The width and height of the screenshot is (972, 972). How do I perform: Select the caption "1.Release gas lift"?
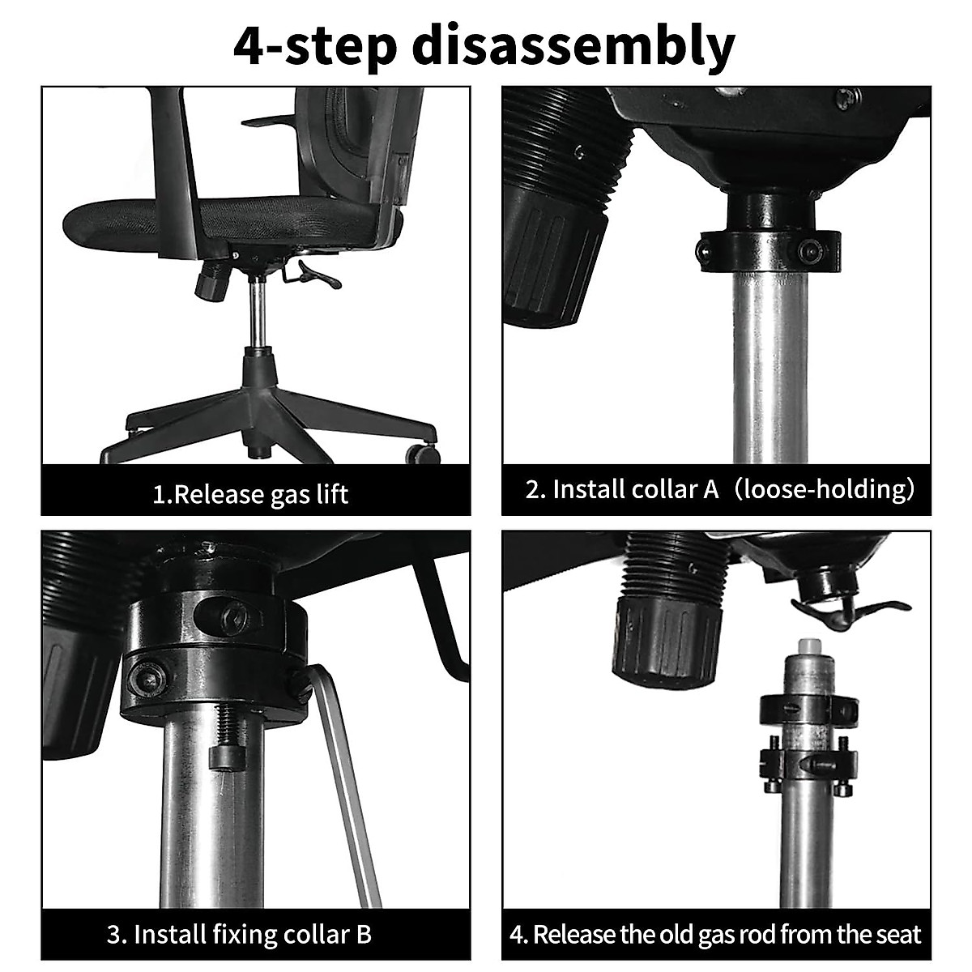coord(251,493)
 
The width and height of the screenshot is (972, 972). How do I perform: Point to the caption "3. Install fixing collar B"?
coord(240,935)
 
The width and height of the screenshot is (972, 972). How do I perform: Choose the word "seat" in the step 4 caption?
coord(896,935)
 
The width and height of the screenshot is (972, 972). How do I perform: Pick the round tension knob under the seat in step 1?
coord(213,283)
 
